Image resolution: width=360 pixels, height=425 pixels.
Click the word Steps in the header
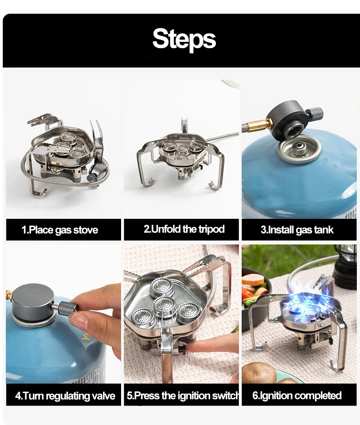(184, 39)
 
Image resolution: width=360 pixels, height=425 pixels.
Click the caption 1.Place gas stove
(59, 230)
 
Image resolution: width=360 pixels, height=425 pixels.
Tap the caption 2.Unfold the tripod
(184, 229)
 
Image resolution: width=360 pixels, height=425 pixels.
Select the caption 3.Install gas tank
(297, 230)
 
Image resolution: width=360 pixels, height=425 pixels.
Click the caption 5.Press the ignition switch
(183, 396)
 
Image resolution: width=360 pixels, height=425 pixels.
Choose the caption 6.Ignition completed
(297, 396)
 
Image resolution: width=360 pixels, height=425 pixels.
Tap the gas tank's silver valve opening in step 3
(299, 149)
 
